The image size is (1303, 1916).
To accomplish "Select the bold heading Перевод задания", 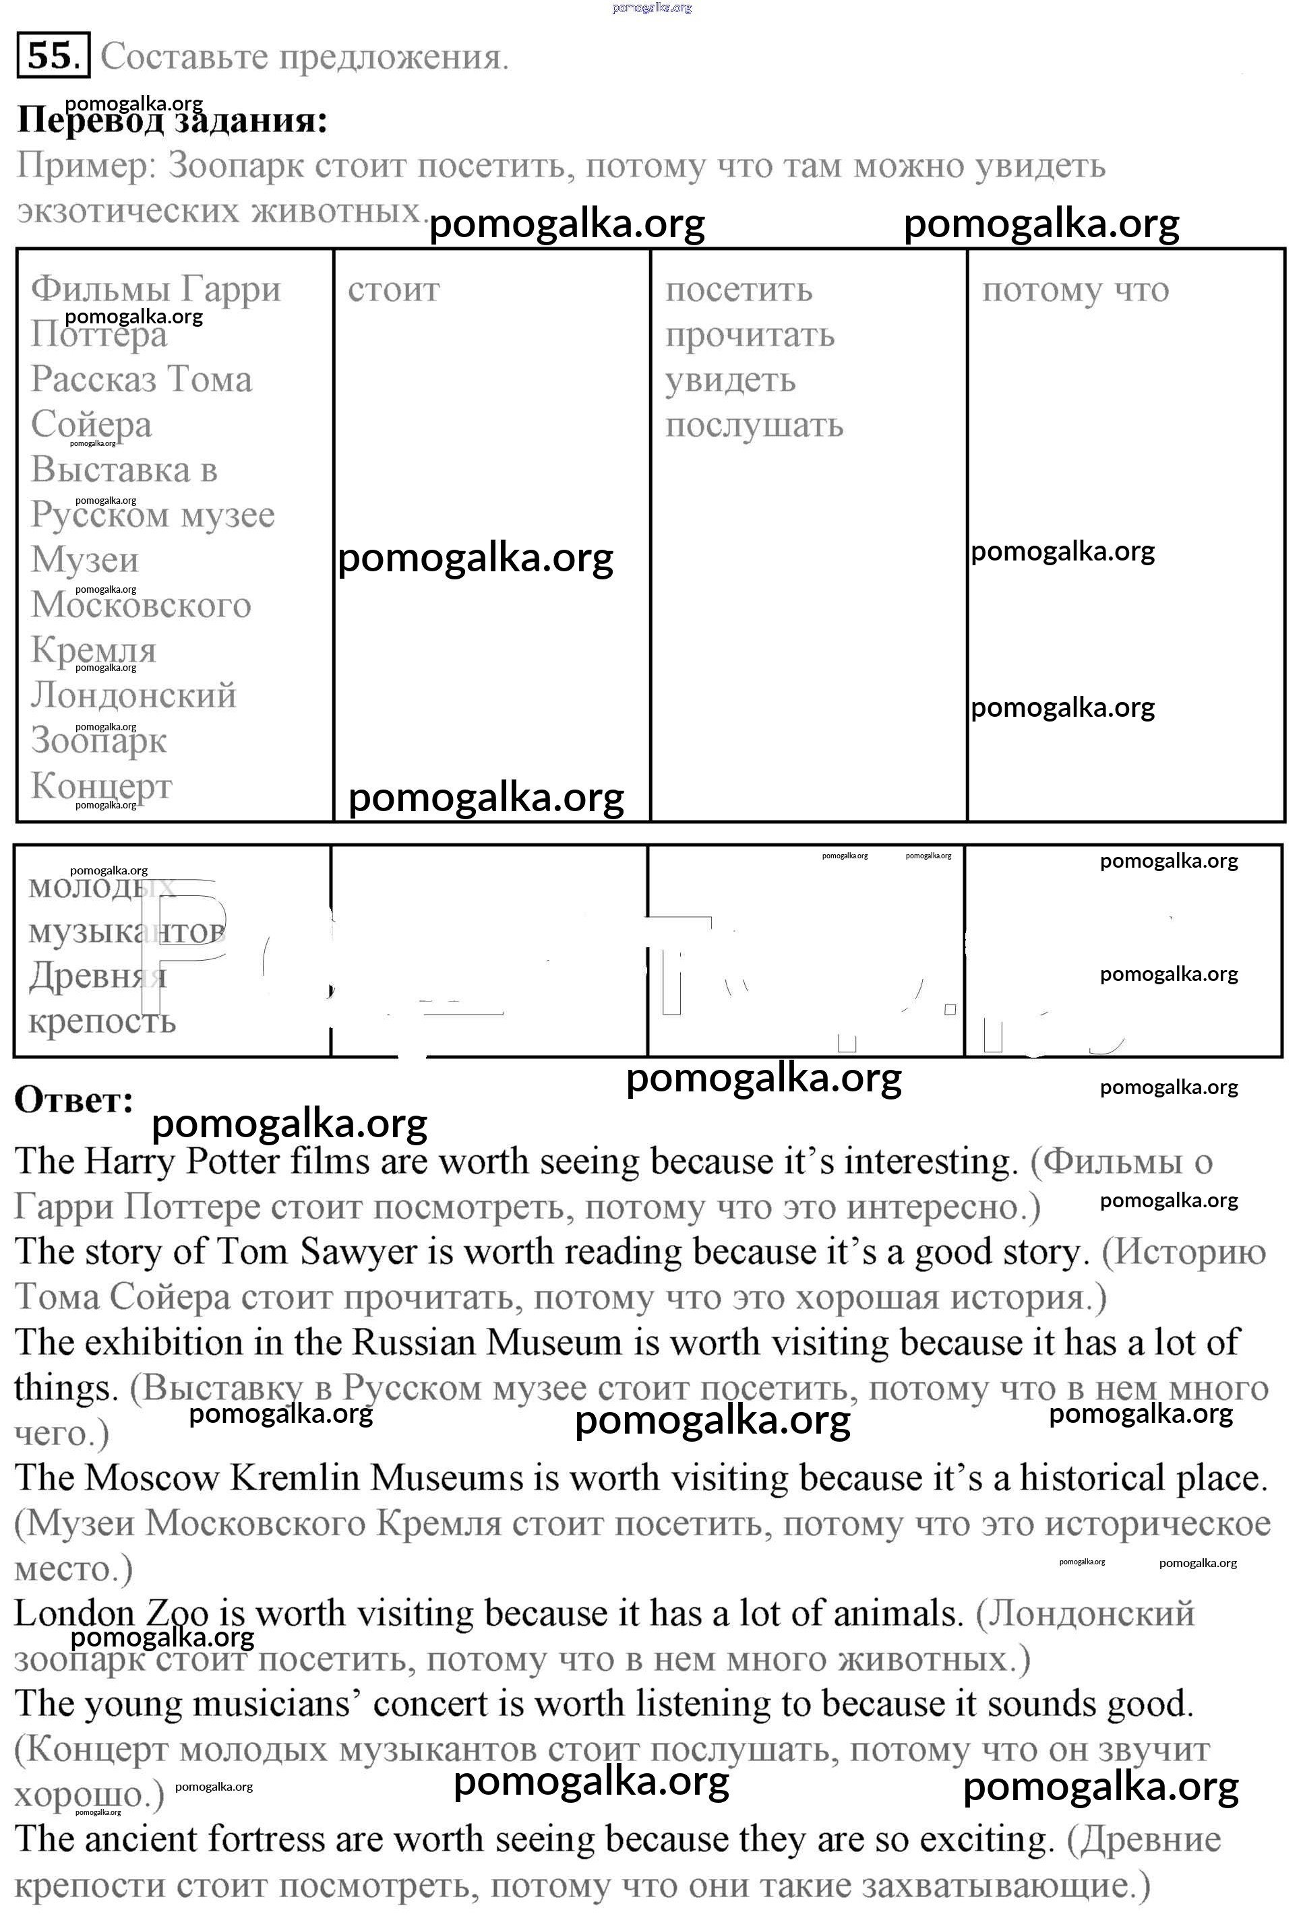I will coord(171,121).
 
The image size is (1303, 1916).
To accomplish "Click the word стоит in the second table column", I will coord(394,290).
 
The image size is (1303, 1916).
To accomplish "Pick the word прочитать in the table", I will coord(750,336).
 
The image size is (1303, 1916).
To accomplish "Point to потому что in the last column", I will coord(1074,290).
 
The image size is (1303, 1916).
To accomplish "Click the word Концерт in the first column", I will coord(101,786).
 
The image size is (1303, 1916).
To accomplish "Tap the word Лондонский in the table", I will coord(133,696).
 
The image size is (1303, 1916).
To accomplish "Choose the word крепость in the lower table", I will coord(102,1021).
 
